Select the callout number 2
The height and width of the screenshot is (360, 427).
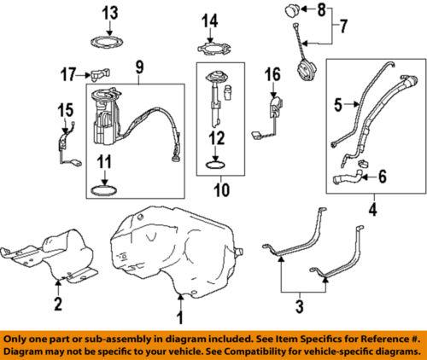pyautogui.click(x=57, y=304)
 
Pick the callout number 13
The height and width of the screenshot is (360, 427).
pyautogui.click(x=113, y=13)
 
